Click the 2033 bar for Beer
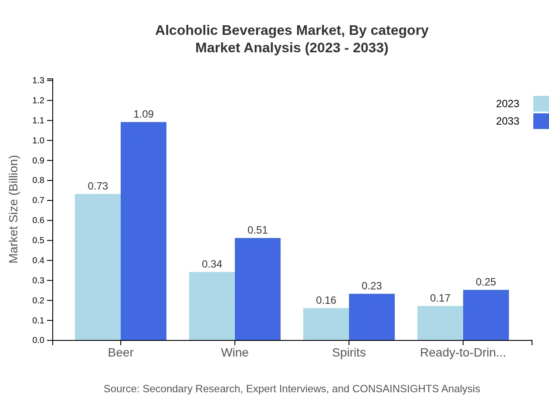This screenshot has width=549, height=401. point(143,231)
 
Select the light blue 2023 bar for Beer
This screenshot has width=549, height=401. point(98,267)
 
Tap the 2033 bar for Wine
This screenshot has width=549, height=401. point(258,289)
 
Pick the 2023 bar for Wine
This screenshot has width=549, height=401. point(212,306)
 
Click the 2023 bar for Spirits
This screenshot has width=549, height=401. point(326,324)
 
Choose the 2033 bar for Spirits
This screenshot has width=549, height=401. point(372,317)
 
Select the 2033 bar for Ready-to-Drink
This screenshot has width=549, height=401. point(486,315)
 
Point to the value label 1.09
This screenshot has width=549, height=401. point(143,114)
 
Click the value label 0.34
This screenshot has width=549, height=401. point(212,264)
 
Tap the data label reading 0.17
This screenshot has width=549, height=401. point(440,298)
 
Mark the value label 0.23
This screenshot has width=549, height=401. point(372,286)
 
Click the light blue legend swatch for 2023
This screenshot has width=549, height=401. point(541,104)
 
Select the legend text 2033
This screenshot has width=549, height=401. point(508,121)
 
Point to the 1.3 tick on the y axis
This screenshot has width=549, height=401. point(38,80)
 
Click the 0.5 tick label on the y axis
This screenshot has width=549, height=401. point(38,240)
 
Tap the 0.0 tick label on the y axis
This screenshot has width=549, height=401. point(38,340)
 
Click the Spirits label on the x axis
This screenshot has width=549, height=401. point(349,353)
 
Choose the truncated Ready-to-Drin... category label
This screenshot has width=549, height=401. point(463,353)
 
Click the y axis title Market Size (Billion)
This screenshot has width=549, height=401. point(14,209)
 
